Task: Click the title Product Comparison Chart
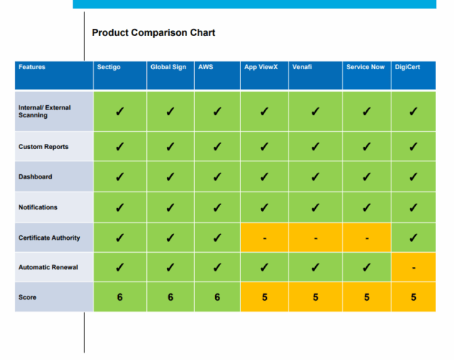153,32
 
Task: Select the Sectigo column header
109,67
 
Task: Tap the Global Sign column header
168,67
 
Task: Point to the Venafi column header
302,67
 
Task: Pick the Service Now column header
365,67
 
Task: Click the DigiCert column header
407,67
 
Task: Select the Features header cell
32,67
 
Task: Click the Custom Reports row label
43,147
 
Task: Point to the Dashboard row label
35,177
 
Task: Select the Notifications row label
38,207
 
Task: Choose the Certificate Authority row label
49,238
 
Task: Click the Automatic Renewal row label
47,268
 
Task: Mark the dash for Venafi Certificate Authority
314,238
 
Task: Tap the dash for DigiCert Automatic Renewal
413,268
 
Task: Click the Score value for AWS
217,297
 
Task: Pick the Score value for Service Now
366,297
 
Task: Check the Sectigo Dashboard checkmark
119,177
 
